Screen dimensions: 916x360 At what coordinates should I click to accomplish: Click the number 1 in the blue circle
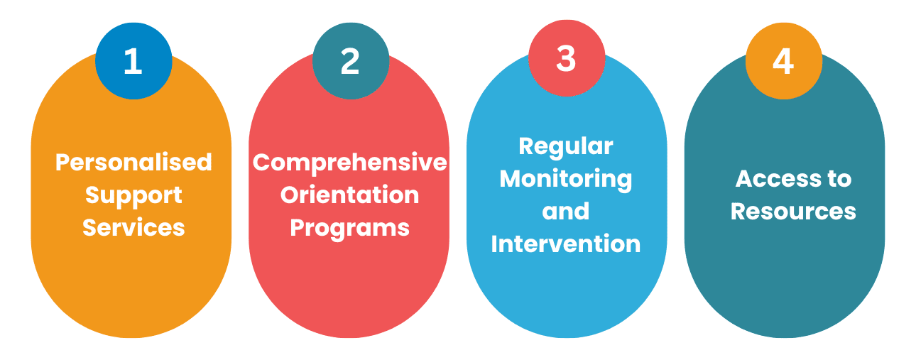pyautogui.click(x=133, y=61)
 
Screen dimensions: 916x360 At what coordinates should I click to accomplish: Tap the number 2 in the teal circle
pyautogui.click(x=350, y=61)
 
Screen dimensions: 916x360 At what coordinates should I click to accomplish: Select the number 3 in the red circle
pyautogui.click(x=566, y=58)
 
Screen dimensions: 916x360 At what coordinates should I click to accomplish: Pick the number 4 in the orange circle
pyautogui.click(x=783, y=61)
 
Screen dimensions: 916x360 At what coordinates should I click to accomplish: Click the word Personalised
pyautogui.click(x=133, y=162)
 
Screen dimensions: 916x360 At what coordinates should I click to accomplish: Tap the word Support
pyautogui.click(x=133, y=196)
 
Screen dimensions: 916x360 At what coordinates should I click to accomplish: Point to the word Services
pyautogui.click(x=133, y=227)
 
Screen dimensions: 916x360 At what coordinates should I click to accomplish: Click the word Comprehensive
pyautogui.click(x=350, y=163)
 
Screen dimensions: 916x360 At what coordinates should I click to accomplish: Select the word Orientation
pyautogui.click(x=350, y=195)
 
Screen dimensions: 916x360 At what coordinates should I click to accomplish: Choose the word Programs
pyautogui.click(x=350, y=229)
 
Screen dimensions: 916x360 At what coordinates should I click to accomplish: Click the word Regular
pyautogui.click(x=566, y=147)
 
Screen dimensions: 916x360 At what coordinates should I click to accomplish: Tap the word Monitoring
pyautogui.click(x=566, y=180)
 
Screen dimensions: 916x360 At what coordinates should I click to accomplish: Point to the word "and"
pyautogui.click(x=566, y=211)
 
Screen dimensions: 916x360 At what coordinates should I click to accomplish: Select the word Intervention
pyautogui.click(x=566, y=244)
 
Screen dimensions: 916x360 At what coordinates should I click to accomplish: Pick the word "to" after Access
pyautogui.click(x=840, y=179)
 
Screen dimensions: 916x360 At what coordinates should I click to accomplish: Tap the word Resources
pyautogui.click(x=793, y=212)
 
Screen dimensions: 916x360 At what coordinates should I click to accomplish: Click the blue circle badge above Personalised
pyautogui.click(x=133, y=61)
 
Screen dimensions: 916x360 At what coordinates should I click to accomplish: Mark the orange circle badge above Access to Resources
pyautogui.click(x=783, y=61)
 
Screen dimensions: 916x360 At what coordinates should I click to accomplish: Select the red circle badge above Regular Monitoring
pyautogui.click(x=567, y=58)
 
